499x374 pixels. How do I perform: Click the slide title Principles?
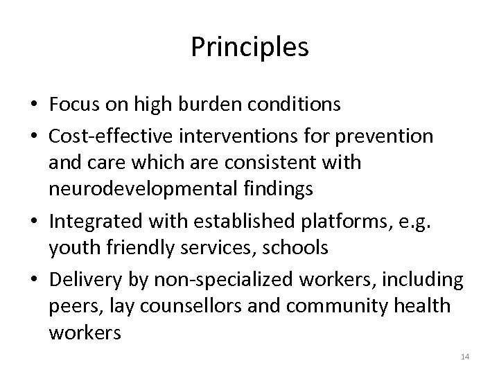[249, 47]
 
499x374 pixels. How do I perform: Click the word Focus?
[73, 105]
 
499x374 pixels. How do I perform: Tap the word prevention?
[393, 137]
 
